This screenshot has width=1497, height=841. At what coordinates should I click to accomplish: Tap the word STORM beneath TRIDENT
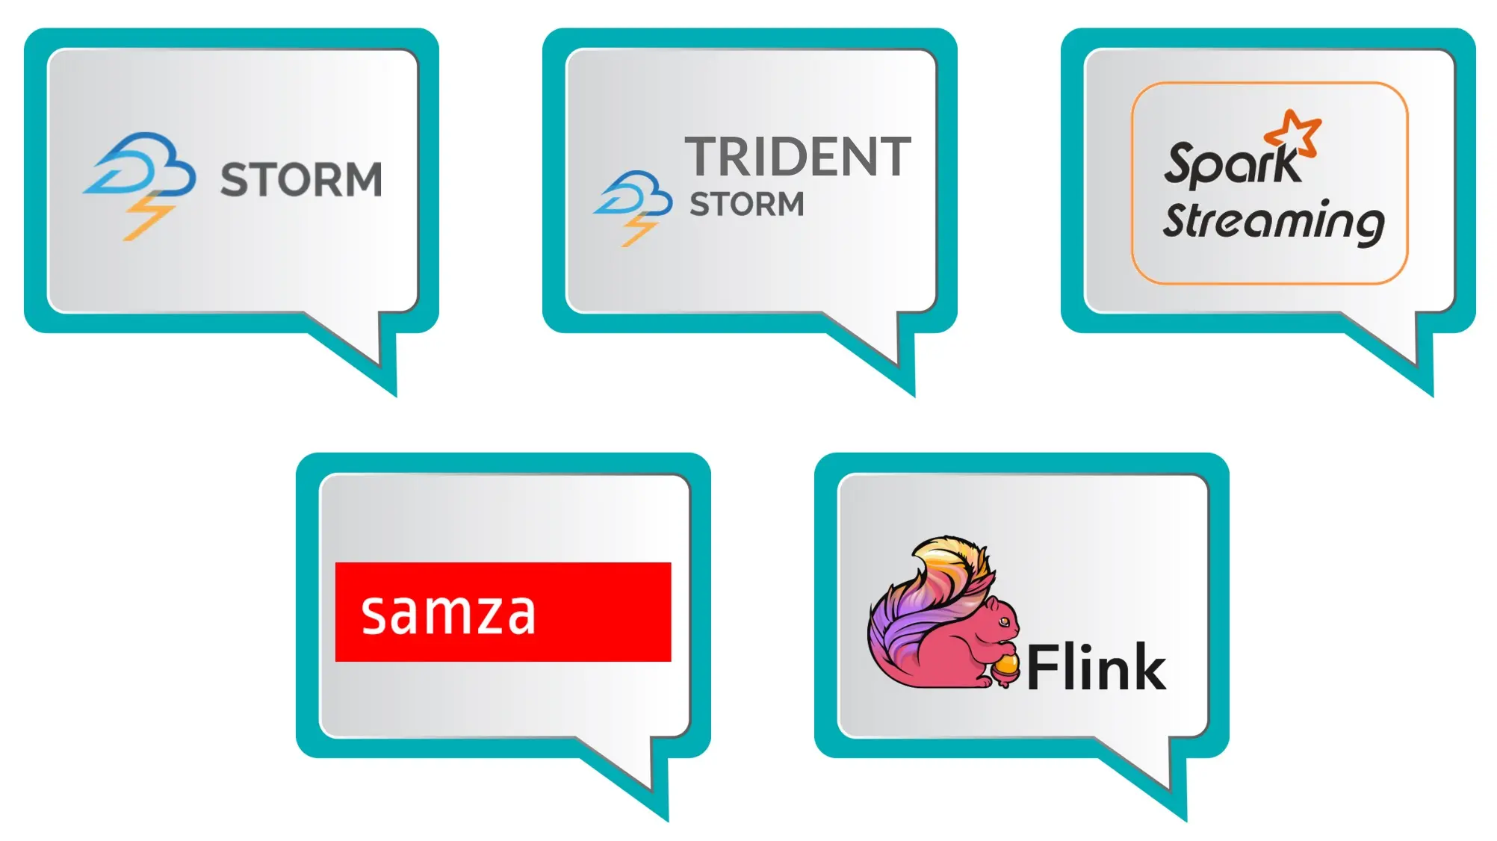746,204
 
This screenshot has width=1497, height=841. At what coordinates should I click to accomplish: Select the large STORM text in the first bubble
301,180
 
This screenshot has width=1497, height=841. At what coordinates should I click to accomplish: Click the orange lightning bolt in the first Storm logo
149,217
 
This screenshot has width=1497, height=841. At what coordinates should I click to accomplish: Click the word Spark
1231,163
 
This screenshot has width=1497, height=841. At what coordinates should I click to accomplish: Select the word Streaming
1274,222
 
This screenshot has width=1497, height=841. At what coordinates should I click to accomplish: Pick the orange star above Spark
1295,132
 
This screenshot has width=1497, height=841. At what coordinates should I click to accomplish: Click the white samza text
448,614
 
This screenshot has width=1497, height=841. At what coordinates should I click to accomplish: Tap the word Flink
1096,668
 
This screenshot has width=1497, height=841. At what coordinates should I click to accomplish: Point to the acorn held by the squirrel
1005,666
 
